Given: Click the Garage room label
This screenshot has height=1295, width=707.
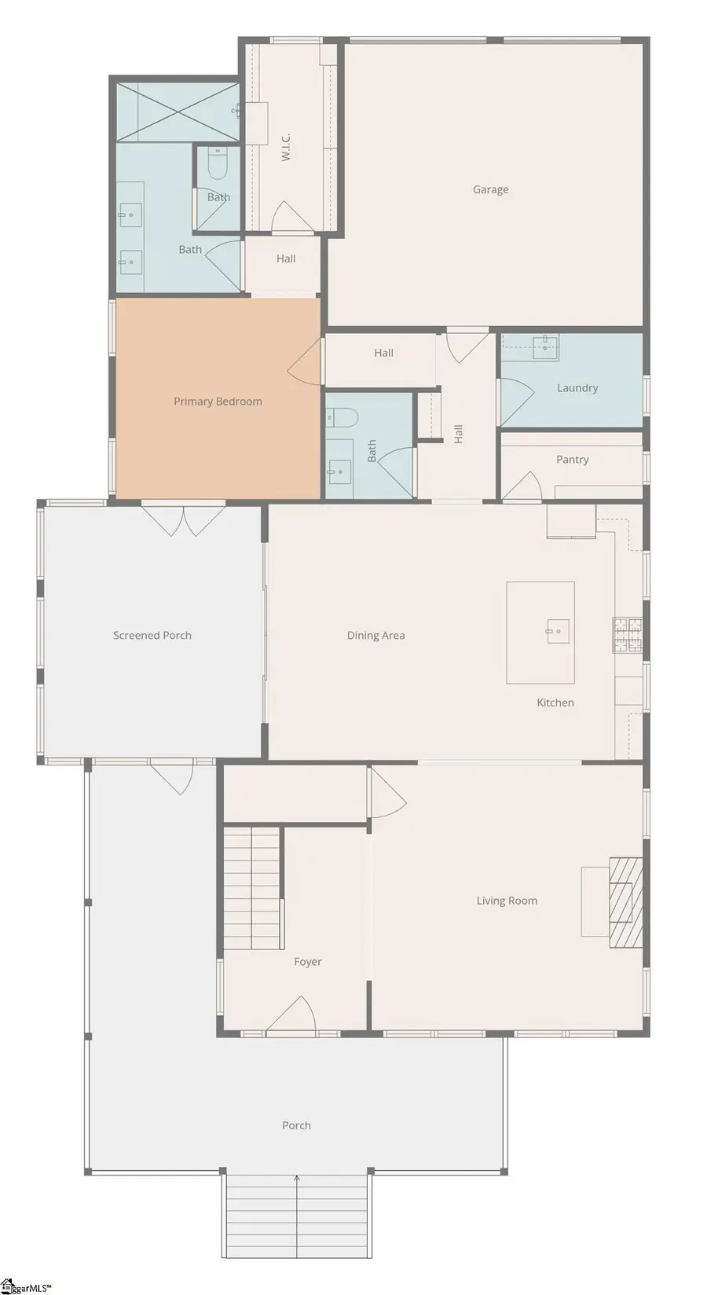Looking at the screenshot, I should point(490,189).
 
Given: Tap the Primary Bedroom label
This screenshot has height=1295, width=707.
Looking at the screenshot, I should point(218,402).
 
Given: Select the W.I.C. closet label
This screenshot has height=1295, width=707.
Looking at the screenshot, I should point(286,147).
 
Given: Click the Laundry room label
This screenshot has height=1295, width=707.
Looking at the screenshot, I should point(577,388).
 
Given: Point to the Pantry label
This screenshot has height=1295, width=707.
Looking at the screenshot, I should point(572,460).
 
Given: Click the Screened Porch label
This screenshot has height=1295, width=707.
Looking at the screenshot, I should point(152,636).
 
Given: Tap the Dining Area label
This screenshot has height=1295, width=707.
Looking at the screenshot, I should point(375,636).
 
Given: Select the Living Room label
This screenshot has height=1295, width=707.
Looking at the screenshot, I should point(507,901).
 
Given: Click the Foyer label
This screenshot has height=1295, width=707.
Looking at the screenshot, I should point(308,962).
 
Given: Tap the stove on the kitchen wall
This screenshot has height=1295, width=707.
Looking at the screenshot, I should point(627,636).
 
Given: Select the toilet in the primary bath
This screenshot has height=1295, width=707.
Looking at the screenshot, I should point(217,164).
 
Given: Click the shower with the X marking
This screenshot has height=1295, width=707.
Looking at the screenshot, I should point(177,112).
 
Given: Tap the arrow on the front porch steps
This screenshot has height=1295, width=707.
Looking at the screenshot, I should point(297,1179).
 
